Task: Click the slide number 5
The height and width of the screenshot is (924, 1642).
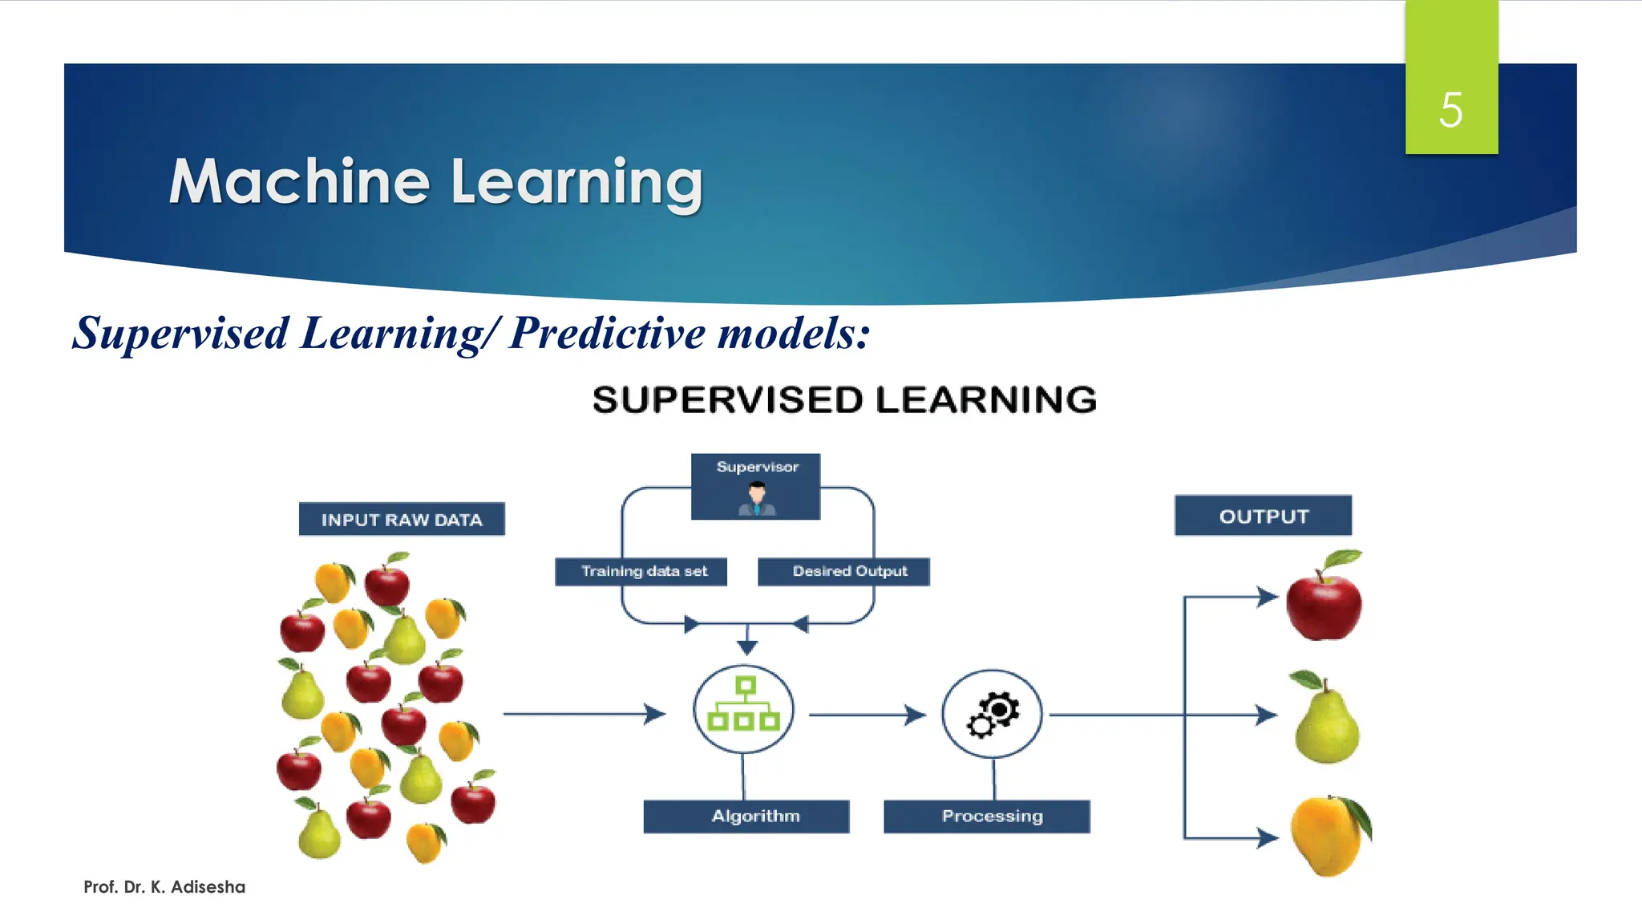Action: click(1450, 110)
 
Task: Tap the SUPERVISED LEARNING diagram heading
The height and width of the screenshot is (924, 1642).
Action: click(843, 399)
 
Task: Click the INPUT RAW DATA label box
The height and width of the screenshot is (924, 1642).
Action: click(402, 520)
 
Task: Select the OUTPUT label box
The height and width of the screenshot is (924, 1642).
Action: click(1263, 516)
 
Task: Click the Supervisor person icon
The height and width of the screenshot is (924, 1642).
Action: click(756, 499)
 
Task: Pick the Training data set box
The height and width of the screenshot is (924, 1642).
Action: click(641, 571)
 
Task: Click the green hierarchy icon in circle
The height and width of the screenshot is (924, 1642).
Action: click(744, 707)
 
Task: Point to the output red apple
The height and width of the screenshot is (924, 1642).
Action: click(1324, 602)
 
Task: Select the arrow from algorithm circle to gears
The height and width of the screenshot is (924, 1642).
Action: click(867, 714)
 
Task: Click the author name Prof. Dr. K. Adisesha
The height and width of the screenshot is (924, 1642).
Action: click(164, 887)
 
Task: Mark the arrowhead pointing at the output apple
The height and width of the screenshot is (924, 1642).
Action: click(1268, 596)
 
